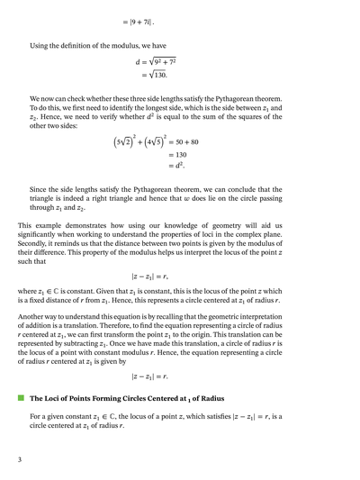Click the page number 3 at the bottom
pyautogui.click(x=19, y=460)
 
